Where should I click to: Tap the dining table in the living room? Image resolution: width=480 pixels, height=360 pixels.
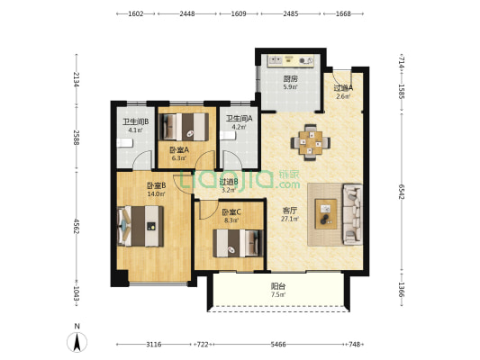click(311, 142)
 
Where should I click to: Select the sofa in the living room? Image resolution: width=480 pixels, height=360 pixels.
click(353, 214)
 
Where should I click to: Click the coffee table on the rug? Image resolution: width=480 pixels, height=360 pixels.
click(326, 214)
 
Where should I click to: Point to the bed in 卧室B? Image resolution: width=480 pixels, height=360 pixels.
click(140, 226)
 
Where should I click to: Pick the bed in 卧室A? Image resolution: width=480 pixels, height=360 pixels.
click(186, 127)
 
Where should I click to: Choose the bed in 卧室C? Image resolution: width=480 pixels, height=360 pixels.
click(238, 243)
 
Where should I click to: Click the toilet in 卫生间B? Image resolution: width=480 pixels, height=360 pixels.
click(124, 142)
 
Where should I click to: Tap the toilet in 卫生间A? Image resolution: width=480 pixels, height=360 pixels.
click(228, 136)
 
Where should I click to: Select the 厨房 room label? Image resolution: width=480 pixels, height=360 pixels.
click(290, 79)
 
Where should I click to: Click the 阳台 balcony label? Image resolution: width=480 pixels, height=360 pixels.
click(278, 286)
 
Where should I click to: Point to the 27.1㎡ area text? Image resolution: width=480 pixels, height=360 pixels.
click(290, 219)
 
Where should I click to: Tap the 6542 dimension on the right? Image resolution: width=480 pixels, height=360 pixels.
click(402, 192)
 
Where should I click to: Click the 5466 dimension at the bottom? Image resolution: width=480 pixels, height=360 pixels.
click(278, 345)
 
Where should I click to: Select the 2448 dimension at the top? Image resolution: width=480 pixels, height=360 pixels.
click(187, 13)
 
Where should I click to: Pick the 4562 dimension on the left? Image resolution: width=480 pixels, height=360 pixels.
click(77, 226)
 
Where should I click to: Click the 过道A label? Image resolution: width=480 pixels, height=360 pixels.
click(343, 88)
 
